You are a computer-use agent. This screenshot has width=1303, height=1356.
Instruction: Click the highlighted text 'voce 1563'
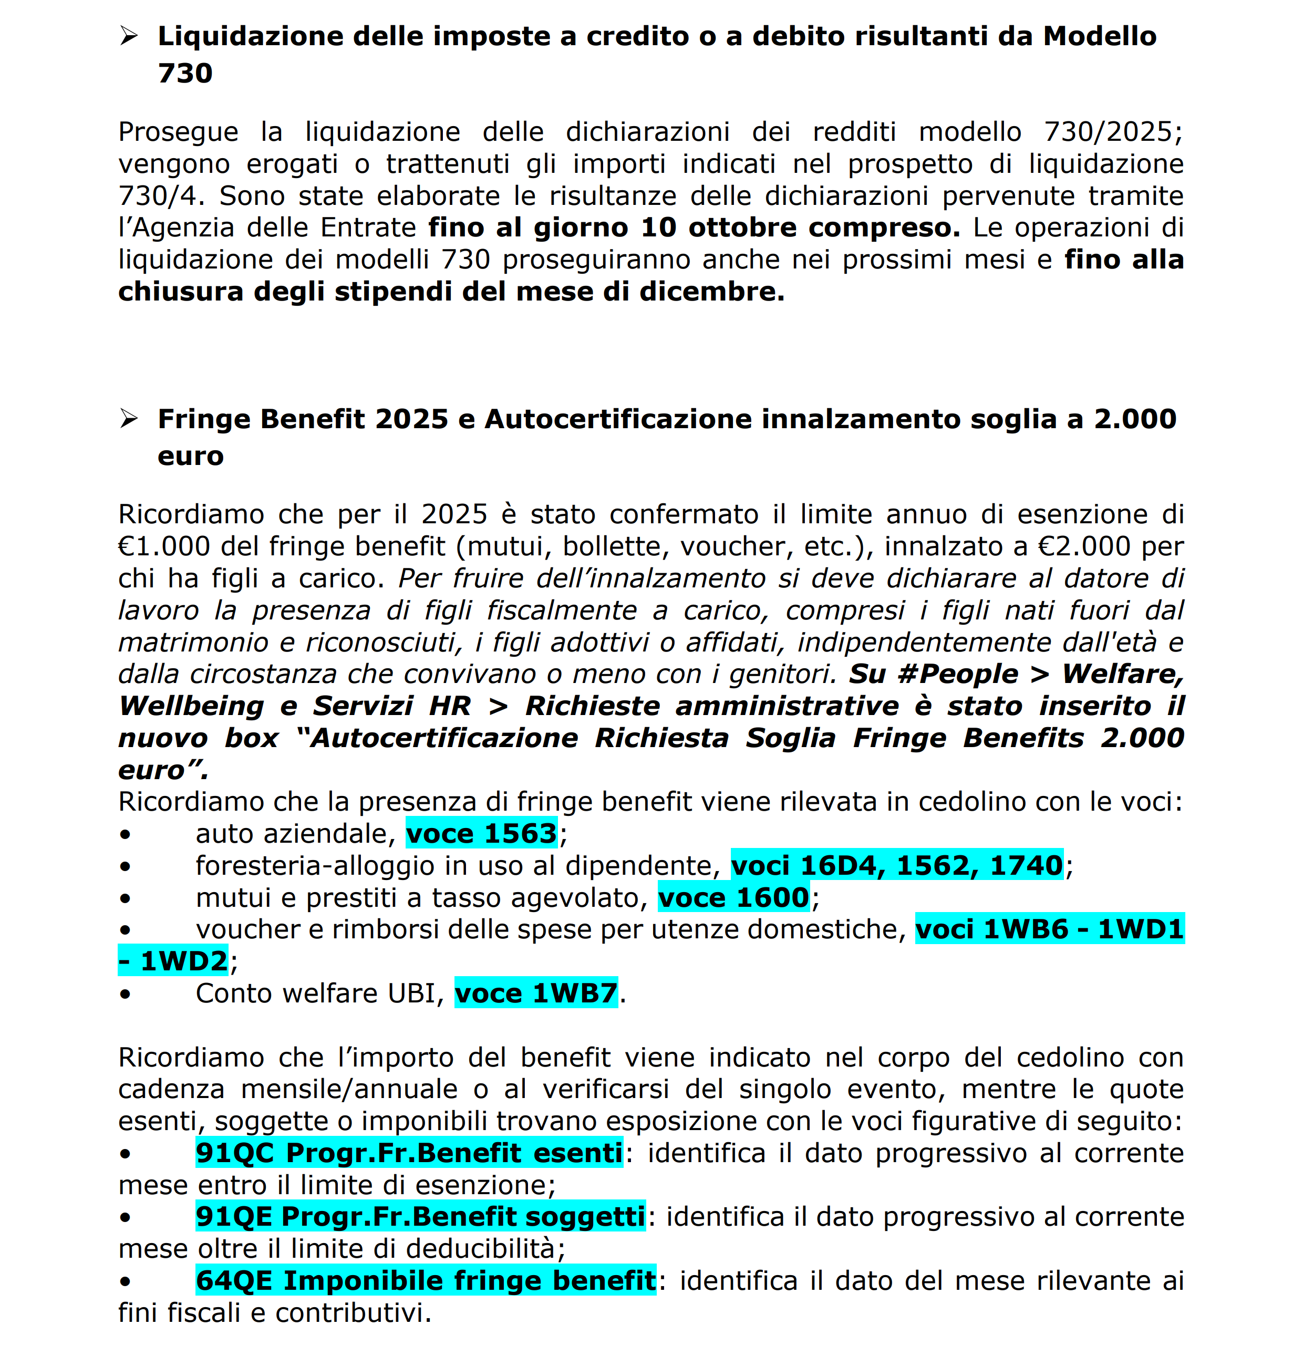click(x=481, y=834)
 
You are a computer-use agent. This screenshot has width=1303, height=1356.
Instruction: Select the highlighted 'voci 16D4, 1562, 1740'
click(x=897, y=865)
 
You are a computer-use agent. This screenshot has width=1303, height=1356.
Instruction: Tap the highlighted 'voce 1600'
click(x=733, y=898)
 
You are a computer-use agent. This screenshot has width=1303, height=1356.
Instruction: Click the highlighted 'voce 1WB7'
click(x=535, y=993)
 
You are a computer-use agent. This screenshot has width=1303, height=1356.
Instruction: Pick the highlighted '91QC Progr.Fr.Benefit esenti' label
click(x=409, y=1153)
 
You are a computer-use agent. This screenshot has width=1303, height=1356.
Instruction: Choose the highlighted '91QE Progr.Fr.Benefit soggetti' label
click(x=420, y=1217)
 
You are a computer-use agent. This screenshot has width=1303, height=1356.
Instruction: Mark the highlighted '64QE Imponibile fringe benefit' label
click(x=426, y=1280)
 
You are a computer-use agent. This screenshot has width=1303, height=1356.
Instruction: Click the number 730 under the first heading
click(x=185, y=74)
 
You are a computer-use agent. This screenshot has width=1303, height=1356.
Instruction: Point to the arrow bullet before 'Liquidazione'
click(x=129, y=36)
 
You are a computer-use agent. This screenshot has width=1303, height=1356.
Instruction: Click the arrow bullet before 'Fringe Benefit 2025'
click(x=129, y=419)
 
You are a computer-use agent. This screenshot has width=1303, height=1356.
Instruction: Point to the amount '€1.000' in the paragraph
click(x=163, y=546)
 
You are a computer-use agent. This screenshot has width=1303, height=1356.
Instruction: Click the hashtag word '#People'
click(x=958, y=674)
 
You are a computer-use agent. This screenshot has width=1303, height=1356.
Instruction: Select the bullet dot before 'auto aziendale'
click(x=125, y=834)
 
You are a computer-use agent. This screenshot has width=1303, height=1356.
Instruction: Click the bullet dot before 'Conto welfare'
click(x=125, y=994)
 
